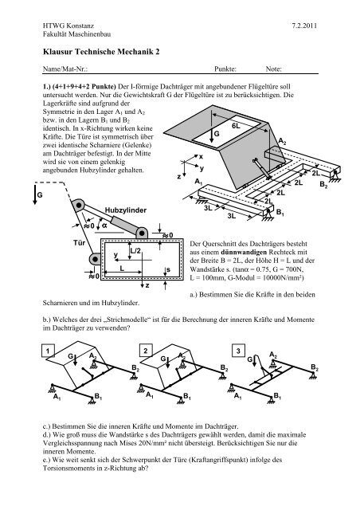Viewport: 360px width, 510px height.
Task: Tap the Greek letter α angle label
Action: pos(104,226)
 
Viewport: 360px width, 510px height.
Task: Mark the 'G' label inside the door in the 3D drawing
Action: pos(217,135)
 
